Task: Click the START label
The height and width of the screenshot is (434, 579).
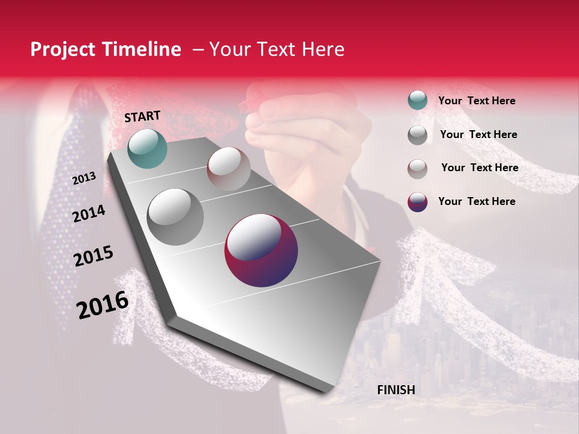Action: tap(142, 116)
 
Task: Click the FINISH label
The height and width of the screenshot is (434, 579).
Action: tap(396, 390)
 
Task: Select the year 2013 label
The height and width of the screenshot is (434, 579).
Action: tap(84, 178)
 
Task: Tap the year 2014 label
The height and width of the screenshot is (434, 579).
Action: tap(89, 213)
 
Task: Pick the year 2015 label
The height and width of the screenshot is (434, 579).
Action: tap(93, 256)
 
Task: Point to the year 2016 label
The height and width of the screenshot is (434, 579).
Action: tap(103, 304)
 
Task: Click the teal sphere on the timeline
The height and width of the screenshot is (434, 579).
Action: tap(147, 148)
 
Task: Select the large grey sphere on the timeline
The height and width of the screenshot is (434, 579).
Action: tap(175, 216)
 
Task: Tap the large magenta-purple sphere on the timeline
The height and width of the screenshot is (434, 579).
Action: tap(261, 251)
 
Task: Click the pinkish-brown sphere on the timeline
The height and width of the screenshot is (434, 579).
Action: tap(229, 169)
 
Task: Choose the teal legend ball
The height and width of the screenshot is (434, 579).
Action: tap(417, 101)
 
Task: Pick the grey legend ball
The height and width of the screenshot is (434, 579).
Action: tap(417, 135)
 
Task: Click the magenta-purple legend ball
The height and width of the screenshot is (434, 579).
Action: tap(417, 202)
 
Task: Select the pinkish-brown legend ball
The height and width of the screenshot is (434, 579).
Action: tap(417, 168)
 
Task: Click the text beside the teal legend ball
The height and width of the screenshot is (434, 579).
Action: tap(476, 101)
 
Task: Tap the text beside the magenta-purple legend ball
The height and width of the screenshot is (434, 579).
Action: tap(476, 201)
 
